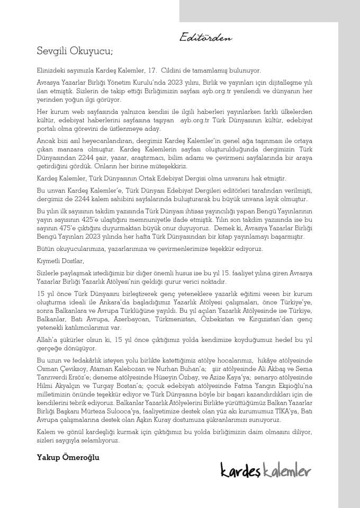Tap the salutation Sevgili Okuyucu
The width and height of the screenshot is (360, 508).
click(x=75, y=52)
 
